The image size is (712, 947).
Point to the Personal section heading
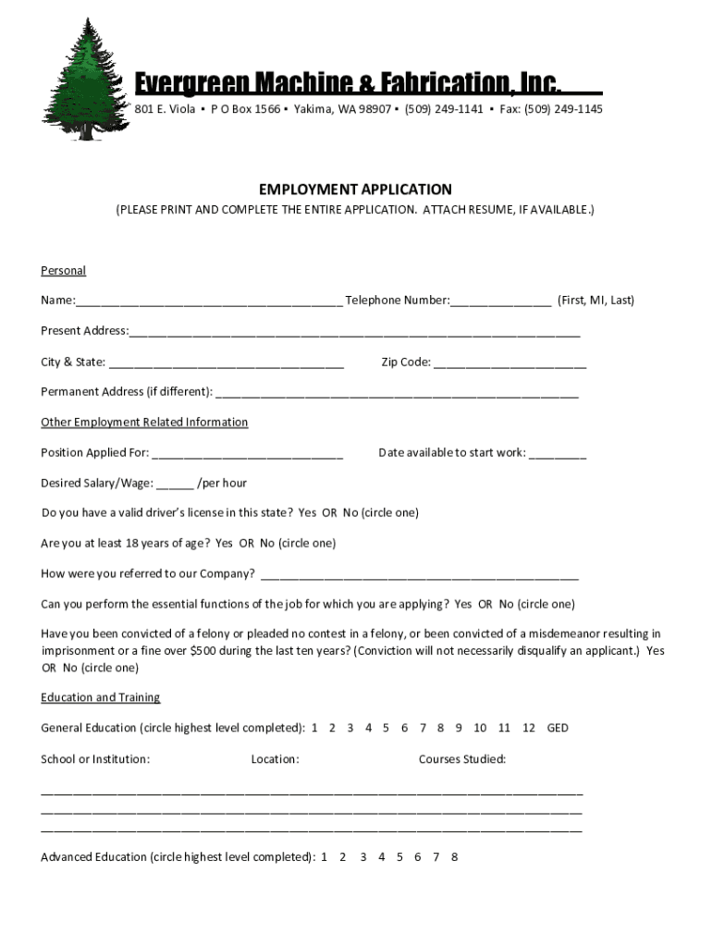tap(63, 270)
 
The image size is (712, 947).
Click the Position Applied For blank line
tap(247, 454)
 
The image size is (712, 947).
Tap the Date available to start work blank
tap(558, 454)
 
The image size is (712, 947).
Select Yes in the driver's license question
tap(307, 512)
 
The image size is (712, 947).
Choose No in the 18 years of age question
tap(267, 543)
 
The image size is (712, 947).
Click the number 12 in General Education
tap(529, 728)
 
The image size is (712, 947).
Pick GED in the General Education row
tap(558, 728)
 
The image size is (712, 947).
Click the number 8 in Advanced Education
tap(454, 857)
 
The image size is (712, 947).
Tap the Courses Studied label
tap(461, 759)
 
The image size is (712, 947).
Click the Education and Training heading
tap(100, 697)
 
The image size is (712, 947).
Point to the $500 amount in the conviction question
tap(204, 650)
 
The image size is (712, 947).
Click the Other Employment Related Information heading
tap(144, 422)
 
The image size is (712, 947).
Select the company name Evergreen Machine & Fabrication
tap(348, 85)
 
